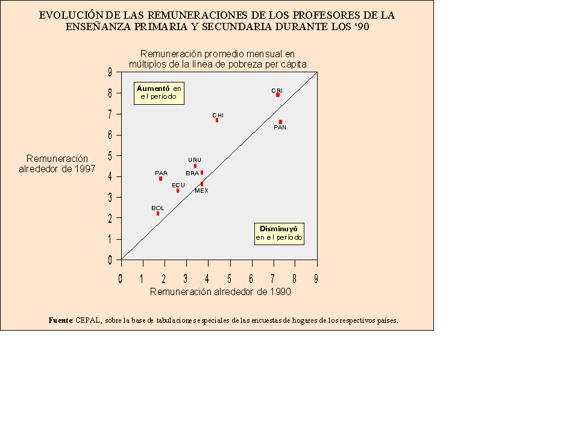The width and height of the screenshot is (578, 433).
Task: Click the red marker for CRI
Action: [278, 95]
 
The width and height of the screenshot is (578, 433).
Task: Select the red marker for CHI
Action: [217, 120]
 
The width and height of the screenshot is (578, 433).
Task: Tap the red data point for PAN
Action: [280, 122]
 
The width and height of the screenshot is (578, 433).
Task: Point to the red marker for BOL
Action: [158, 214]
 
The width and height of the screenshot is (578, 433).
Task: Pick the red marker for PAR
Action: [160, 179]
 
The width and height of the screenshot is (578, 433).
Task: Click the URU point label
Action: [195, 160]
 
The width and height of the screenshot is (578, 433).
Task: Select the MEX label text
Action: [201, 191]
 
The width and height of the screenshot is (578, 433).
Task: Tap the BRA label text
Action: [192, 173]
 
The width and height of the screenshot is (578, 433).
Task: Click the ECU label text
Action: [178, 185]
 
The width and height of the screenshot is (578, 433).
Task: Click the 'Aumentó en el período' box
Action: [159, 92]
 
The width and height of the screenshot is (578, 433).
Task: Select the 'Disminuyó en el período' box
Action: [279, 233]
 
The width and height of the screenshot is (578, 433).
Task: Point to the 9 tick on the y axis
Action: [110, 72]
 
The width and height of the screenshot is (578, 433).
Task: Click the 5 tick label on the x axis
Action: [229, 279]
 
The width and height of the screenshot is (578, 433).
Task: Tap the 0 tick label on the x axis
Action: [121, 279]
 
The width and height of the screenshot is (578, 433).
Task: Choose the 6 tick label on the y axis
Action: [110, 135]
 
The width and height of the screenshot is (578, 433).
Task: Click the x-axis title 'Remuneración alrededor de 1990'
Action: [220, 292]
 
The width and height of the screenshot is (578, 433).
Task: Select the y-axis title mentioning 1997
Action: [57, 164]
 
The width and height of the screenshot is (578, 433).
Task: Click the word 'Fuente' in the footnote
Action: [60, 321]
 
